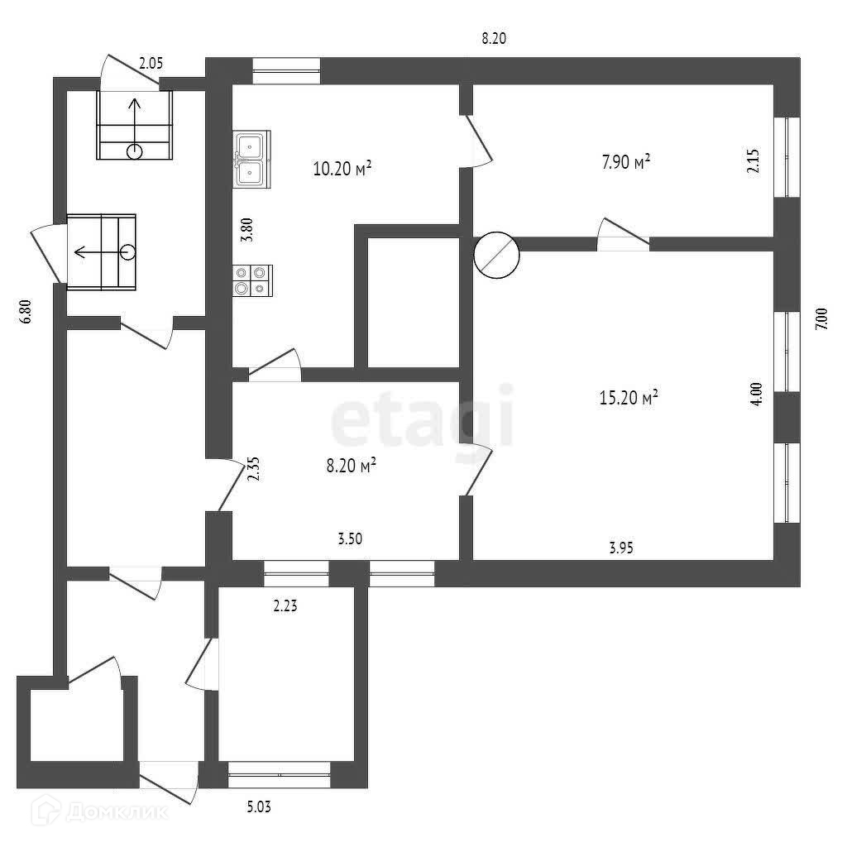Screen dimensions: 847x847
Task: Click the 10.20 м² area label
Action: click(341, 169)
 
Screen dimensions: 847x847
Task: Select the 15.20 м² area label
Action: click(628, 398)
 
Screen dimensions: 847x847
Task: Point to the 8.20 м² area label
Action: click(351, 466)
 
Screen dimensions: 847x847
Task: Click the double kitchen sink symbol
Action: click(250, 159)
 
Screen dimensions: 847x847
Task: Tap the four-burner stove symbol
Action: click(251, 280)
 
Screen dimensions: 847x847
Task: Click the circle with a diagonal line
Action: click(495, 255)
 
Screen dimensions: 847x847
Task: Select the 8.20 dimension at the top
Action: click(493, 38)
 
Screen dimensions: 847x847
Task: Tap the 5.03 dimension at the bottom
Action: click(259, 806)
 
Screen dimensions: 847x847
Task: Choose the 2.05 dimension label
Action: click(151, 60)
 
